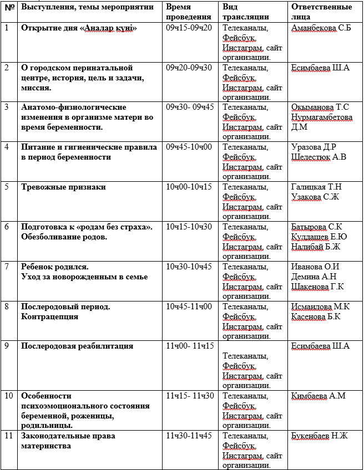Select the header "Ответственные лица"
(321, 12)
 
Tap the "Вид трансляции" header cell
(246, 12)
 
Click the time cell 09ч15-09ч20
(189, 28)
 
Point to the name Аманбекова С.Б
(321, 28)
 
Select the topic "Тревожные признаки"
(63, 187)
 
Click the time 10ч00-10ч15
(189, 187)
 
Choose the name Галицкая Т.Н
(316, 187)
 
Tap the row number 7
(7, 267)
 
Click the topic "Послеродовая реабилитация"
(77, 346)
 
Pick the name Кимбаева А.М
(318, 396)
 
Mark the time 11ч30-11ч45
(189, 436)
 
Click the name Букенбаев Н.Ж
(319, 436)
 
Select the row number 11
(8, 436)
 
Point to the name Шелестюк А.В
(318, 157)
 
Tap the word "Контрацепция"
(49, 316)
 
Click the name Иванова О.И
(315, 267)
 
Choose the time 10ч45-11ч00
(189, 306)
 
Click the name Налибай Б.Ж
(316, 247)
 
